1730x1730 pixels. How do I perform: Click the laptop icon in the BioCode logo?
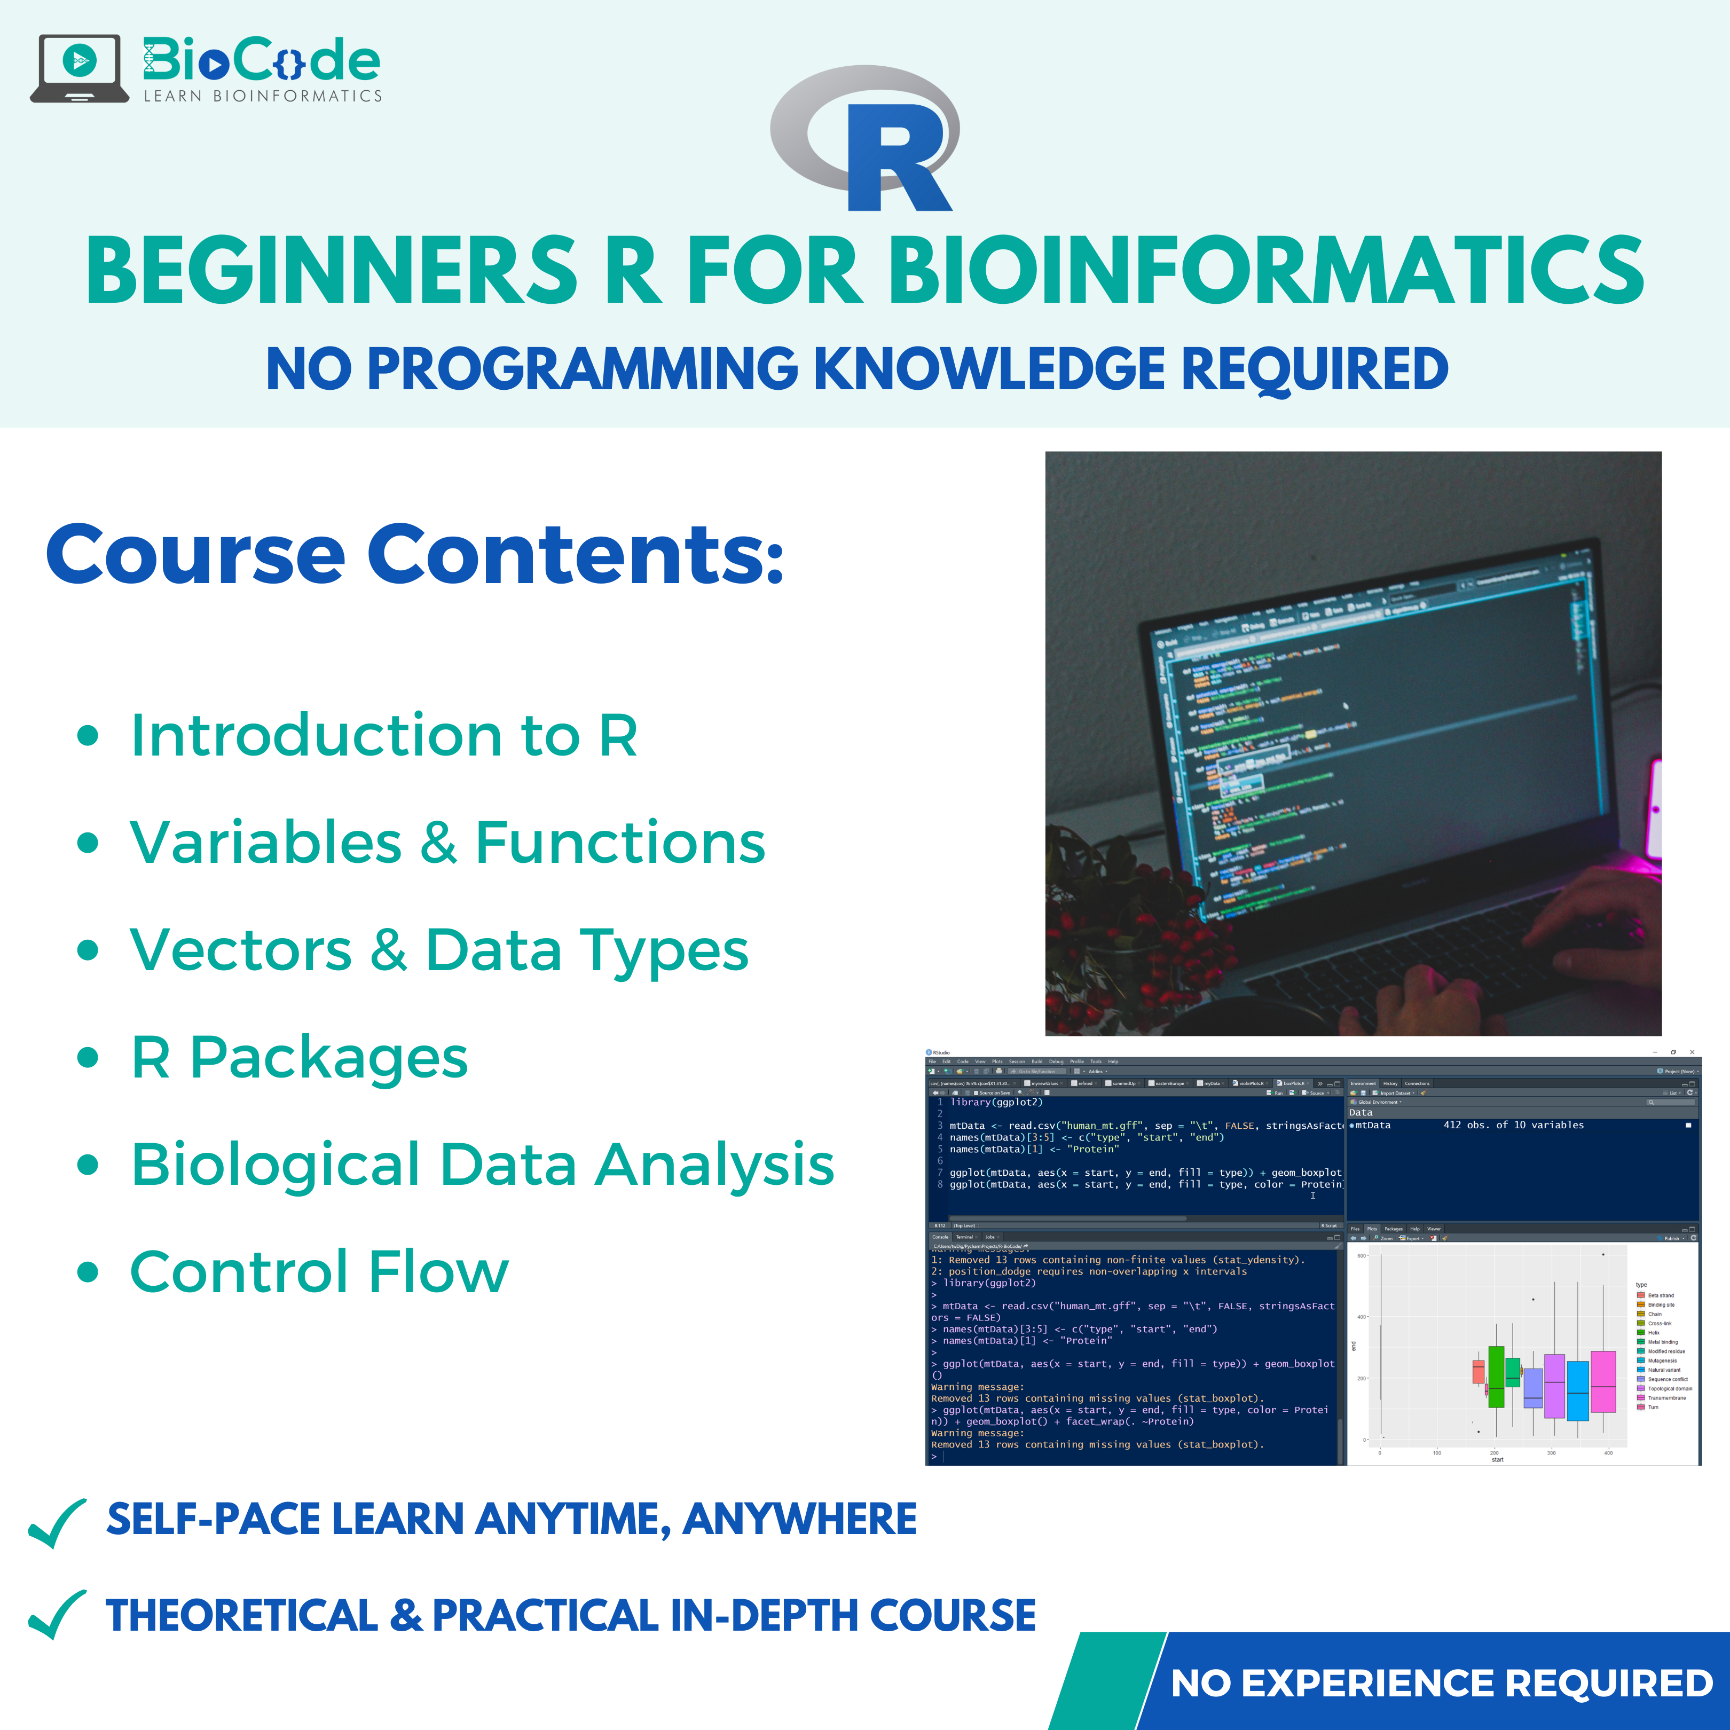point(79,67)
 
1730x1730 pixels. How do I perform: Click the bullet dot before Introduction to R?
point(87,736)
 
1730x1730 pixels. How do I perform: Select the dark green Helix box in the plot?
point(1496,1377)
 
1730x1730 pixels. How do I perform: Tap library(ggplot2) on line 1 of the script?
point(996,1102)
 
